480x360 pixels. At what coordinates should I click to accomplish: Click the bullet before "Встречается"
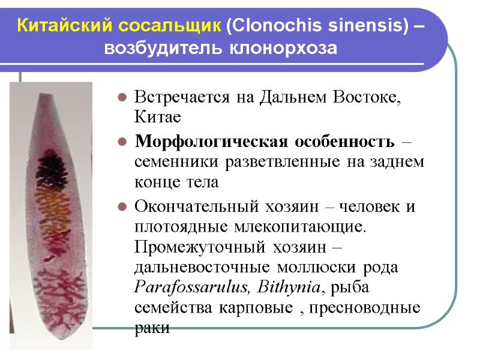121,97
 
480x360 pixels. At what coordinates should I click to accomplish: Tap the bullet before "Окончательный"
121,208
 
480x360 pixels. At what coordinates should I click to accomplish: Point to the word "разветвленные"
271,162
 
